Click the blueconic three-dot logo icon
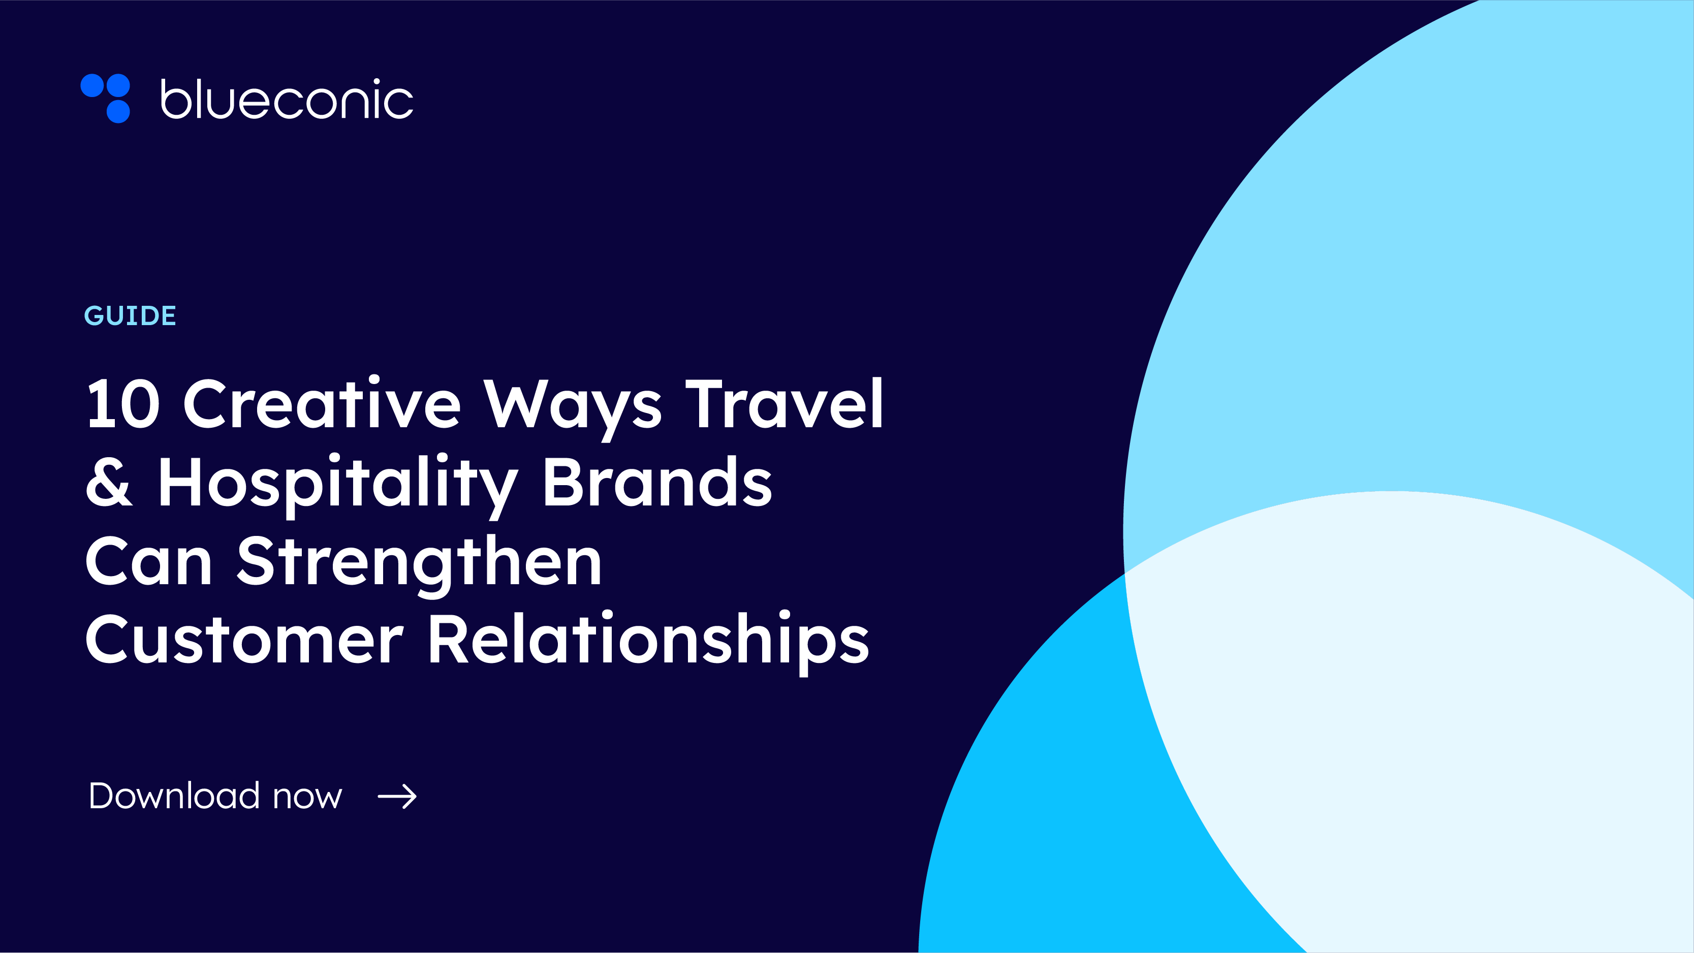[x=106, y=98]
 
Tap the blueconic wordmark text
[x=287, y=100]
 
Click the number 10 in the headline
[x=123, y=404]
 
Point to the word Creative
[x=322, y=403]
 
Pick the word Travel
[x=784, y=403]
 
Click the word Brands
[x=657, y=482]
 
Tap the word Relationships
[x=648, y=641]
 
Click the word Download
[x=174, y=796]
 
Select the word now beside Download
[x=307, y=798]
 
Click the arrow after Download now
[x=397, y=797]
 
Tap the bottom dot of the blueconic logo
[x=118, y=111]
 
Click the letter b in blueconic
[x=176, y=100]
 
